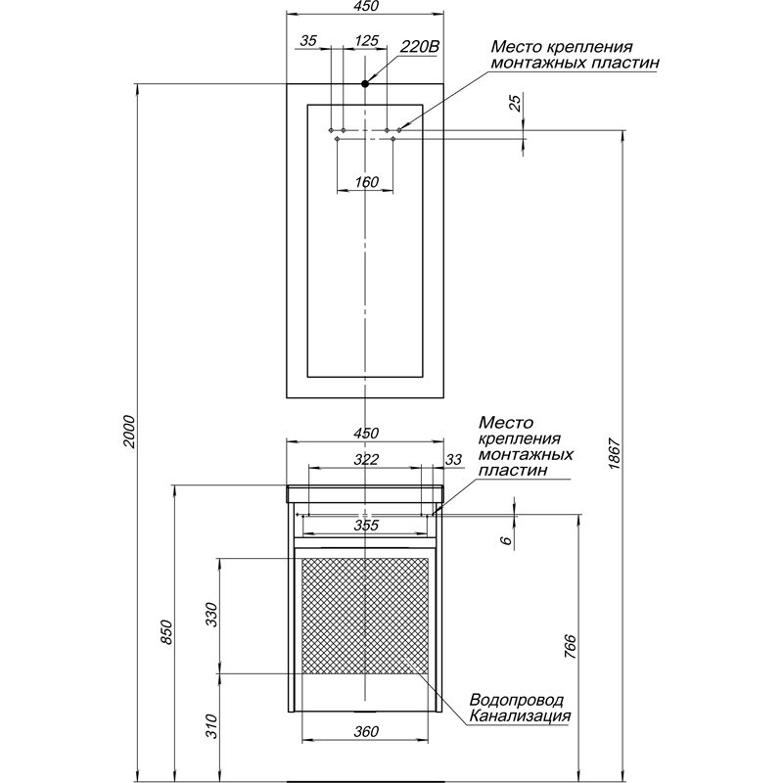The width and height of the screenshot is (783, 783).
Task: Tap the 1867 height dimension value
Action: [614, 452]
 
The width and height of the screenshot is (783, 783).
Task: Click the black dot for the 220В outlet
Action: [365, 84]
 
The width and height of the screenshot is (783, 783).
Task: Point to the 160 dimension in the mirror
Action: [365, 181]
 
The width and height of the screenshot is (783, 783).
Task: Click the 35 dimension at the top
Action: [309, 41]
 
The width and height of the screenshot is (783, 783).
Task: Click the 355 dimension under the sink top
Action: [366, 527]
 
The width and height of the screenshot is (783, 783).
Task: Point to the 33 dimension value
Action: [453, 458]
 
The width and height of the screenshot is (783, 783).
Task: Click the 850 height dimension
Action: [166, 632]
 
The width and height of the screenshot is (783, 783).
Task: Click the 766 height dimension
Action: [570, 648]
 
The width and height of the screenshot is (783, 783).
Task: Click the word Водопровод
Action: [517, 701]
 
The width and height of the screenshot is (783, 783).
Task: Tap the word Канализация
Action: [519, 716]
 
